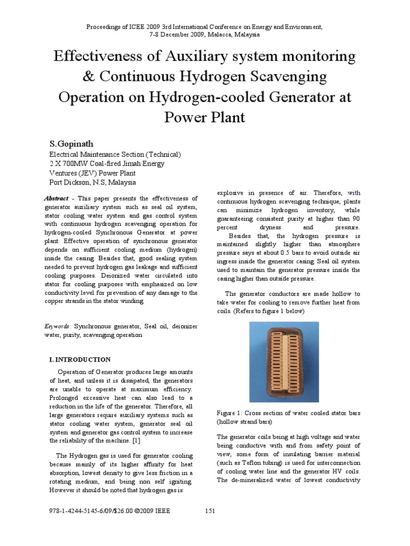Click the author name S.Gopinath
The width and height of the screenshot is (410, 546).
coord(72,144)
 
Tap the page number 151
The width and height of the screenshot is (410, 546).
coord(210,511)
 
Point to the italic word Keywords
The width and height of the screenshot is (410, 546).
coord(58,326)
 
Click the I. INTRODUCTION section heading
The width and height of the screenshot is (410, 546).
coord(80,359)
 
